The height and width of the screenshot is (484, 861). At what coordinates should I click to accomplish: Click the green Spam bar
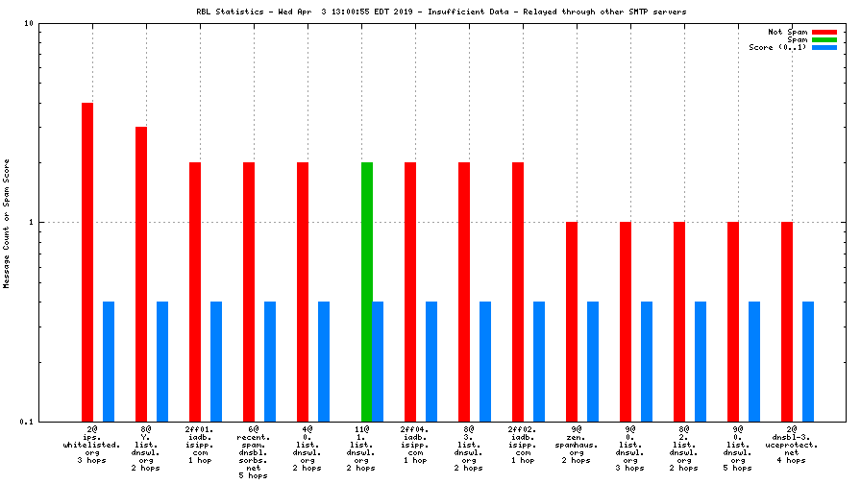click(x=366, y=292)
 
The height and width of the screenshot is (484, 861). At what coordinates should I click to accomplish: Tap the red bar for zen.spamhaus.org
click(x=572, y=321)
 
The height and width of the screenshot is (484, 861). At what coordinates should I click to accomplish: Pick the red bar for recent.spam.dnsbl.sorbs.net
click(x=249, y=292)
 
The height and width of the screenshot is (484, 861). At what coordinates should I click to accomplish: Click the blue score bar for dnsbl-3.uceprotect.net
click(x=808, y=361)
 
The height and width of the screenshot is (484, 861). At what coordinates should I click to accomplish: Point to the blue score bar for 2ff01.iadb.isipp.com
click(x=216, y=361)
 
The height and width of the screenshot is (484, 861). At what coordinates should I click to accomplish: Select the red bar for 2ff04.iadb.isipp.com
click(x=410, y=292)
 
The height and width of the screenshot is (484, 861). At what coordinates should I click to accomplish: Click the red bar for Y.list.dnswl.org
click(x=141, y=274)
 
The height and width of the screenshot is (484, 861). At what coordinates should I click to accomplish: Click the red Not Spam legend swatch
click(x=824, y=32)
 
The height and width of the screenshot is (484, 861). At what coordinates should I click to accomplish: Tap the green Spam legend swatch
click(x=824, y=39)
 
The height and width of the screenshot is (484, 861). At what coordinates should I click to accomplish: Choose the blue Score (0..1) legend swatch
click(x=824, y=47)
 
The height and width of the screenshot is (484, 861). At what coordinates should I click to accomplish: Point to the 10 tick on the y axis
click(x=29, y=23)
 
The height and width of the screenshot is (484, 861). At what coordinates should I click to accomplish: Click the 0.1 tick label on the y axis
click(x=26, y=422)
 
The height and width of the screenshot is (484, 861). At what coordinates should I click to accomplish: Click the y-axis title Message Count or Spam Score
click(x=7, y=222)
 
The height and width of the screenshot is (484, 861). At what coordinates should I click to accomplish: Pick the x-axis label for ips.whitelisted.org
click(x=92, y=446)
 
